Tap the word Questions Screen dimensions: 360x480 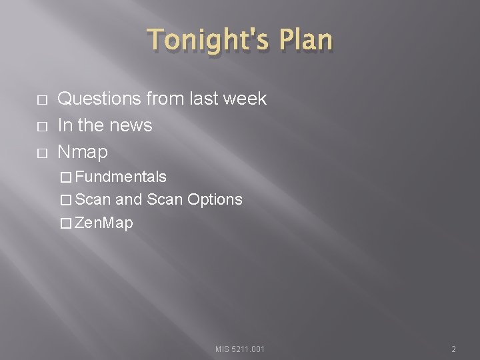pos(99,99)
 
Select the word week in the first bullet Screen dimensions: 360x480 pos(243,99)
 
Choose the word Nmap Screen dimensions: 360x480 pos(83,152)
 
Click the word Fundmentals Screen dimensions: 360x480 pos(121,177)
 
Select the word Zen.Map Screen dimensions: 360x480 pos(104,223)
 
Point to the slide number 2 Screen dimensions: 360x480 pos(453,349)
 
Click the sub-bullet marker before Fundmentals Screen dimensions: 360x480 pos(65,177)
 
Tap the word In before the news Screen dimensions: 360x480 pos(65,125)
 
